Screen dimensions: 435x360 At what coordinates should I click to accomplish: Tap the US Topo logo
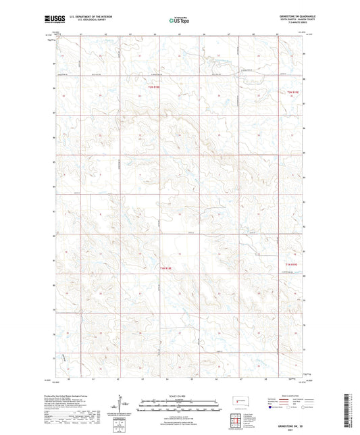[179, 20]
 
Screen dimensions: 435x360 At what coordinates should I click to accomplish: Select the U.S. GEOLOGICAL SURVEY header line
[83, 21]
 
